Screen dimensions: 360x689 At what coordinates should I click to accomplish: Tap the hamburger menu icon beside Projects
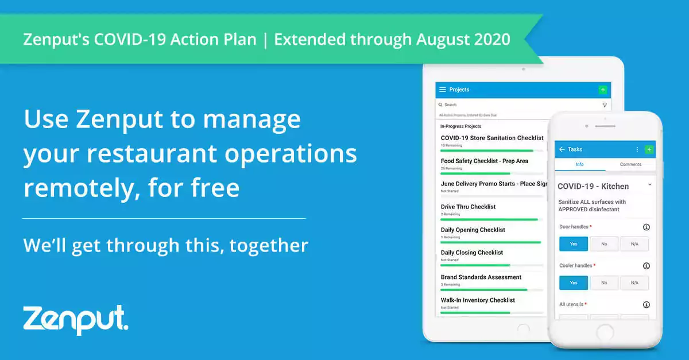[442, 90]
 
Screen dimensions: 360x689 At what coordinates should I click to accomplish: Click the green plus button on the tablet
[602, 90]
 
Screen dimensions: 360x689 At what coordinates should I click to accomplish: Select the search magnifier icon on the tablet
[440, 105]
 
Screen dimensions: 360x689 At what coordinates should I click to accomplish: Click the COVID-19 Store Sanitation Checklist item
[491, 138]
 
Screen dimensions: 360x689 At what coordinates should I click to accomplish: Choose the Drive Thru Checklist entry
[468, 207]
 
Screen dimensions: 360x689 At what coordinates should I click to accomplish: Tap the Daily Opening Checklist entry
[473, 230]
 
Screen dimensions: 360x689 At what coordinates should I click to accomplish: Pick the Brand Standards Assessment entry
[481, 277]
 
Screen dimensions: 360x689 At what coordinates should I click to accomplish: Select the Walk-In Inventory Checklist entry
[478, 300]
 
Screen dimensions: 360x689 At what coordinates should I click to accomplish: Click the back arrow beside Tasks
[562, 149]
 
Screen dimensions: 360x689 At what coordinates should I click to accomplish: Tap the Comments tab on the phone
[630, 164]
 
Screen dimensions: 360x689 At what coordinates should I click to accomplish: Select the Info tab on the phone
[580, 164]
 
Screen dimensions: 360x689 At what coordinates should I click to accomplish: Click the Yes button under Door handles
[574, 243]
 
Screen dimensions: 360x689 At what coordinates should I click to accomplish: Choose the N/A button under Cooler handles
[634, 282]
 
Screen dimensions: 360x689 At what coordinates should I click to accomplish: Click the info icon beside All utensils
[647, 305]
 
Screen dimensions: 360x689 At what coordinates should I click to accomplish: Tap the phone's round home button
[605, 332]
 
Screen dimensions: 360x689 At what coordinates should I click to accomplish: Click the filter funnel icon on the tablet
[605, 105]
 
